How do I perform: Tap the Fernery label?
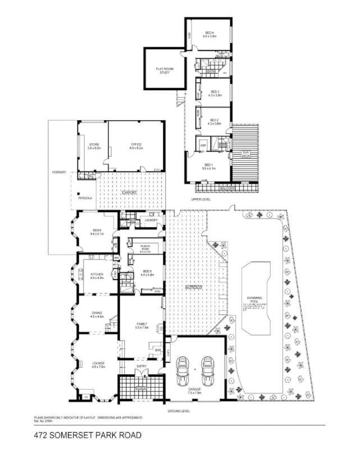(58, 172)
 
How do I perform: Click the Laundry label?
(151, 220)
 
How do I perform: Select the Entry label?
(142, 367)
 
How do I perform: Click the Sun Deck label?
(245, 154)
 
